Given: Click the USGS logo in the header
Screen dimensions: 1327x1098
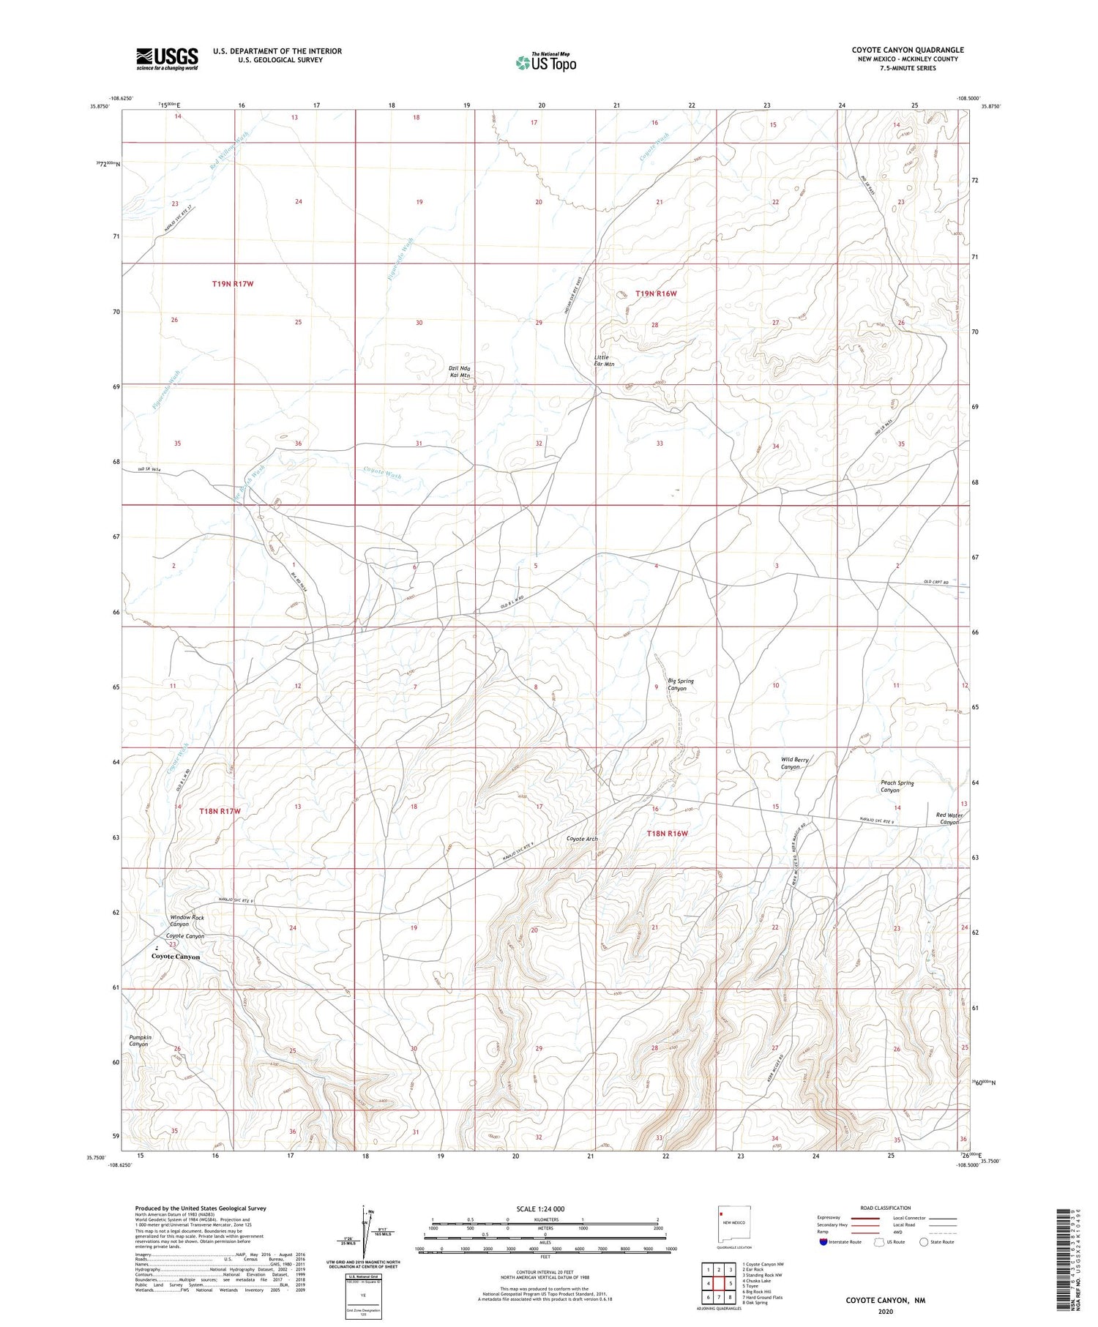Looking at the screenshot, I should (167, 59).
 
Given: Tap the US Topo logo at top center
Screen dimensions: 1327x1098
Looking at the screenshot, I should (546, 62).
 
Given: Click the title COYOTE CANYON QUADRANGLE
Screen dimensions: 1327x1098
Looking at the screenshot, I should (908, 50).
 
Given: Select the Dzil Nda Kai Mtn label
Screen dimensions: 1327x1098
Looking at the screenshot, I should (460, 371).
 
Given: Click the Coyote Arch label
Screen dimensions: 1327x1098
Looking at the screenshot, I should (582, 839).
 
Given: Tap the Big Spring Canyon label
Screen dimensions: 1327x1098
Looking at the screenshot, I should (680, 684).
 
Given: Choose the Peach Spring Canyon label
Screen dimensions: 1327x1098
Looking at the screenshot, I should (897, 786).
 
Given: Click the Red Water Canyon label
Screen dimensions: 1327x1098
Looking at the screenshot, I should (948, 818).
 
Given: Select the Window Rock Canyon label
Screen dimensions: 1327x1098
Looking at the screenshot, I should (187, 920).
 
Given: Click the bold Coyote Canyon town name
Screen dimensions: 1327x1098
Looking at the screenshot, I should (176, 957).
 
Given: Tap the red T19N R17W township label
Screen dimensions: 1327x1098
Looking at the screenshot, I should (233, 283).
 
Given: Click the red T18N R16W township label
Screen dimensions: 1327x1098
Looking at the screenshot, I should (668, 833).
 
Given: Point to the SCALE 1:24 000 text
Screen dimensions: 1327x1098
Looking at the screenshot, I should (540, 1208).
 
